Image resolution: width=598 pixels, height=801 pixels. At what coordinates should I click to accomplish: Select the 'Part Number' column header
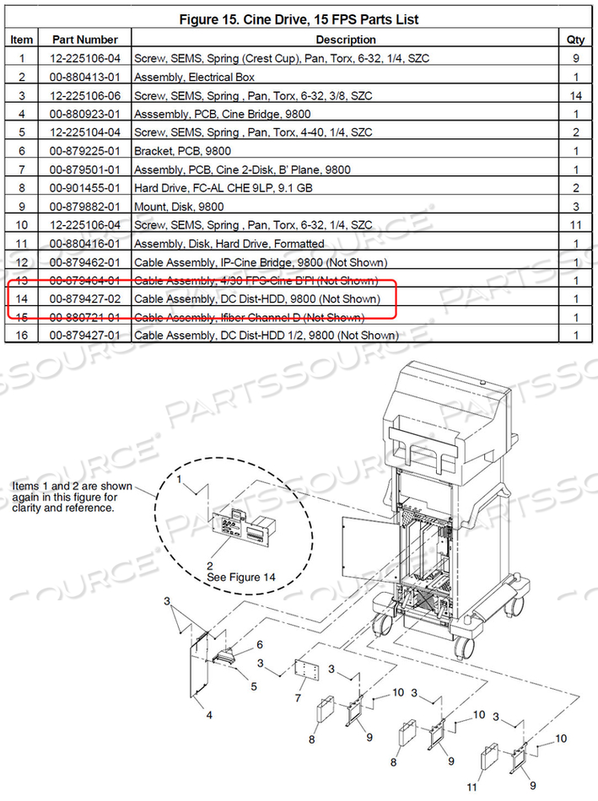click(x=84, y=40)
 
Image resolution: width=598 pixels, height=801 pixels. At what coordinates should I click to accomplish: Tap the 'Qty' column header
click(x=575, y=40)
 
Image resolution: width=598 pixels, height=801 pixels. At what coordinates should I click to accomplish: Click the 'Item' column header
click(x=22, y=40)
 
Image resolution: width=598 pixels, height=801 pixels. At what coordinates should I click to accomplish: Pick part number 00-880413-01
click(x=84, y=77)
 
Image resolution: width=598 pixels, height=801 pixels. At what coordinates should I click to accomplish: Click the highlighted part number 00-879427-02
click(x=84, y=299)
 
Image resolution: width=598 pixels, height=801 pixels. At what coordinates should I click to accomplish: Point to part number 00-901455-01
click(x=84, y=188)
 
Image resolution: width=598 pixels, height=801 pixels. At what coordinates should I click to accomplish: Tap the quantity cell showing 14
click(x=575, y=95)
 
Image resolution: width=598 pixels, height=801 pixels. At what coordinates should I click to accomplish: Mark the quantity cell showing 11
click(x=575, y=225)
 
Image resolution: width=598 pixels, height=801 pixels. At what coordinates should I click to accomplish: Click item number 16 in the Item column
click(x=22, y=336)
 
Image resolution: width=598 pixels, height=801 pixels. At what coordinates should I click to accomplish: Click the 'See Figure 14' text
click(x=242, y=577)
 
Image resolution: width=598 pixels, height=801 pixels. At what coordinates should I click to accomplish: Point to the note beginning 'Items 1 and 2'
click(x=64, y=497)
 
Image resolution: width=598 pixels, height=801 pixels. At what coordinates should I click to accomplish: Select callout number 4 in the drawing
click(x=209, y=714)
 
